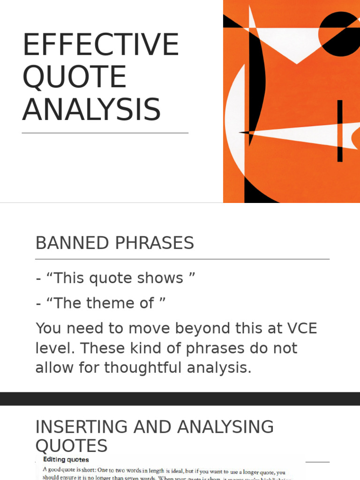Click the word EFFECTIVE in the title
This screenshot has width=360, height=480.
pos(100,45)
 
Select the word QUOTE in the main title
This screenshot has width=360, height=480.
pos(74,77)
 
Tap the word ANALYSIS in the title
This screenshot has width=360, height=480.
pos(91,110)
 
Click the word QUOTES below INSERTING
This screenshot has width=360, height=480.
pos(71,445)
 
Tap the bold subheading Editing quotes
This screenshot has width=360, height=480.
pos(66,460)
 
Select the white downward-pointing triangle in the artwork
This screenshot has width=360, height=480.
pos(297,45)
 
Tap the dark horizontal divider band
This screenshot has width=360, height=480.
pos(180,398)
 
